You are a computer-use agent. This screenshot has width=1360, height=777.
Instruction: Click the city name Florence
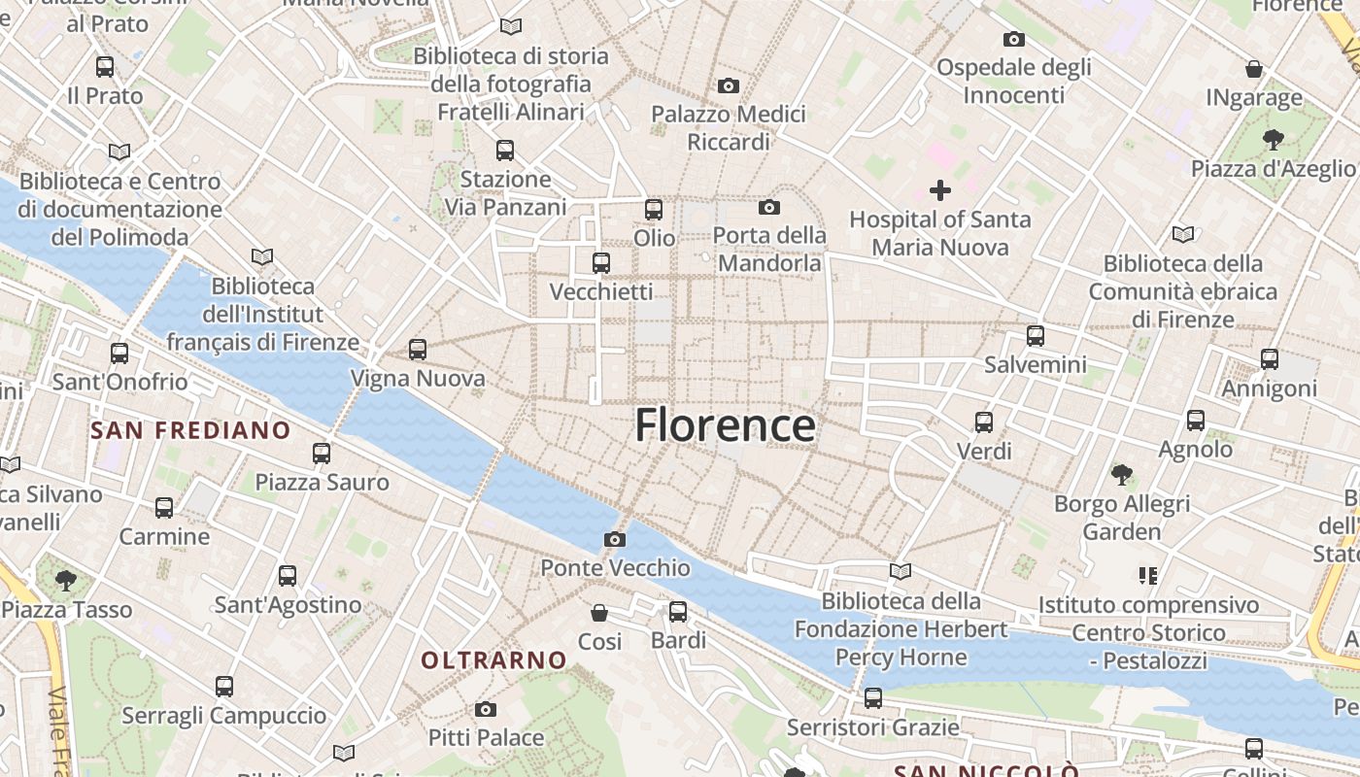pos(725,425)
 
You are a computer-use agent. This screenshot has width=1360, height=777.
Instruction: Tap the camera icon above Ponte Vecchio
pos(614,539)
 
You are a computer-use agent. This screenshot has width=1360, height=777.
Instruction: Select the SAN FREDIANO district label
pos(190,430)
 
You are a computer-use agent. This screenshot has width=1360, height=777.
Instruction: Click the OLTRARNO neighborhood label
pos(493,660)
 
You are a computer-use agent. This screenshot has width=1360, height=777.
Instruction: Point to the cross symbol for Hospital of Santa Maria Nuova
pos(940,190)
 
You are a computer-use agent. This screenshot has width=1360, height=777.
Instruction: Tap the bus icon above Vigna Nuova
pos(418,350)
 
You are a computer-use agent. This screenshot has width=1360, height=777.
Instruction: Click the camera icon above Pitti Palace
pos(486,710)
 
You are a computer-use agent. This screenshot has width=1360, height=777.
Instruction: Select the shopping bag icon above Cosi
pos(599,613)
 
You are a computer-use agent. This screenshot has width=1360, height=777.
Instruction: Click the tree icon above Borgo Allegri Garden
pos(1122,475)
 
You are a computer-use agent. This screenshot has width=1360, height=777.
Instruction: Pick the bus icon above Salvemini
pos(1036,336)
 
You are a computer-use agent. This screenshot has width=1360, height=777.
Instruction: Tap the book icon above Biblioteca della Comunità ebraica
pos(1182,234)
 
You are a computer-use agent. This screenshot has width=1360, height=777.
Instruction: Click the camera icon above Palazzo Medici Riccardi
pos(729,86)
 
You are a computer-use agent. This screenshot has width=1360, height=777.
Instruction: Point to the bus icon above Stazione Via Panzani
pos(505,151)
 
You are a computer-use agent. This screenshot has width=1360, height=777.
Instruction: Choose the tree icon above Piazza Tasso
pos(66,581)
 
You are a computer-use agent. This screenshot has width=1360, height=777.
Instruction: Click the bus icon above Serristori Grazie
pos(873,698)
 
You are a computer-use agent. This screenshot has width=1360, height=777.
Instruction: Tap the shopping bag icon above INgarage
pos(1254,70)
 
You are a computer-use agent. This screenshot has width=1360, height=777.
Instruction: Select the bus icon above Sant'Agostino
pos(288,576)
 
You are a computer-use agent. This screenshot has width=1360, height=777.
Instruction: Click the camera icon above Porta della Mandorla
pos(769,207)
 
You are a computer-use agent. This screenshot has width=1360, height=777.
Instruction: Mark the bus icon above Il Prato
pos(105,67)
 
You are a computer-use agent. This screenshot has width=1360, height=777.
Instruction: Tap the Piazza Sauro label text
pos(322,482)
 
